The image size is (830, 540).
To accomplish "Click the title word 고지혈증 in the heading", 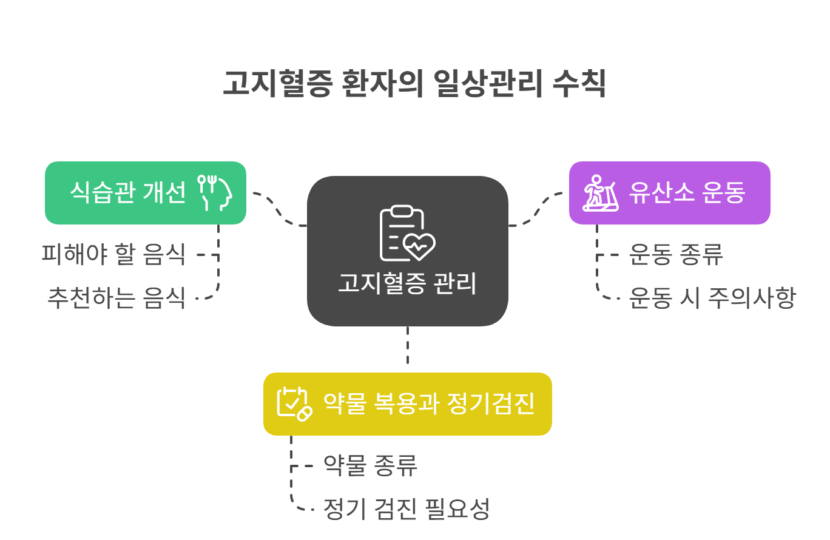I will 277,84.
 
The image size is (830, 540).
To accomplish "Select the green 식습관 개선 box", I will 146,193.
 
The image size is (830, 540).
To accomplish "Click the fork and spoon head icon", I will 214,192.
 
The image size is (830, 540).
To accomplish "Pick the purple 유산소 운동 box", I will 669,193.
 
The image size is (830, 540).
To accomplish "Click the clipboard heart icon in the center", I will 407,234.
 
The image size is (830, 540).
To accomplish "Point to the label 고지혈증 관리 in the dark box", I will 407,283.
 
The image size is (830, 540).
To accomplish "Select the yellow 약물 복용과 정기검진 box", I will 407,403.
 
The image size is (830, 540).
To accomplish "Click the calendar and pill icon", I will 294,403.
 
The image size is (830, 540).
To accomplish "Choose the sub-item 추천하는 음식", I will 116,299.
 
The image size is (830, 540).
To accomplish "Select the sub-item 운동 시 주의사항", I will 712,299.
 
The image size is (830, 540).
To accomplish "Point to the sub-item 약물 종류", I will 370,465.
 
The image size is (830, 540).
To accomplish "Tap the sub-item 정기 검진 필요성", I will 407,509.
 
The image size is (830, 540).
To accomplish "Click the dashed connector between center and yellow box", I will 407,346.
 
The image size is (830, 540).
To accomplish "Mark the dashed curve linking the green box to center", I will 279,209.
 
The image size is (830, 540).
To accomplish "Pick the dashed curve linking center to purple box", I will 536,209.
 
